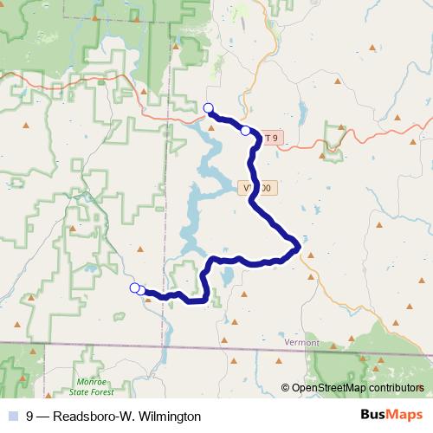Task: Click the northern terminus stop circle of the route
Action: click(208, 107)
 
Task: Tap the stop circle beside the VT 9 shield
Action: click(246, 131)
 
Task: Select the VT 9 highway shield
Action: click(271, 138)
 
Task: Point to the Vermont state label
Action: click(301, 343)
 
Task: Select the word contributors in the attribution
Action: click(397, 388)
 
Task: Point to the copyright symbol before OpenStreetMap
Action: click(286, 388)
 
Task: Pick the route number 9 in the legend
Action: click(30, 416)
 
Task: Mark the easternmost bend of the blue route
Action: click(298, 246)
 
